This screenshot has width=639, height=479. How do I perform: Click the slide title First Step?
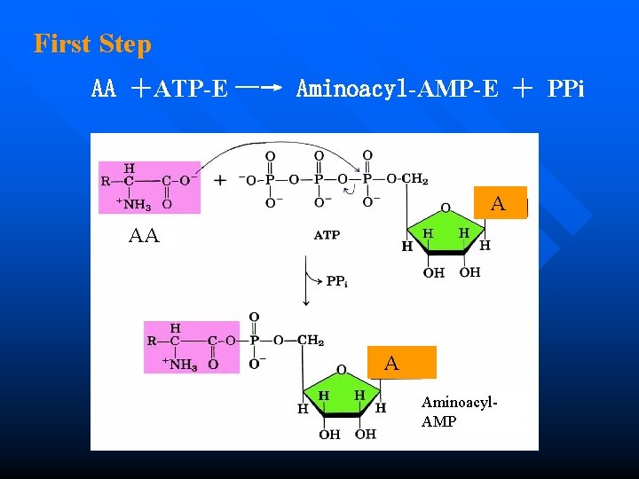(x=92, y=43)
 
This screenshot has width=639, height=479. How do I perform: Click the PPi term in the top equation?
(x=566, y=89)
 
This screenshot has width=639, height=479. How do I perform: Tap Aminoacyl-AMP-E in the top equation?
(x=397, y=89)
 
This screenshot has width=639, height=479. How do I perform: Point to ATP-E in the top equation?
(x=191, y=89)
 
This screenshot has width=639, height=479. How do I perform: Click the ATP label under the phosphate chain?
(x=327, y=235)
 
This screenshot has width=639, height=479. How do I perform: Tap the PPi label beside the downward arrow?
(x=336, y=281)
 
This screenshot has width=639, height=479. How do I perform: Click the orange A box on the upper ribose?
(x=499, y=203)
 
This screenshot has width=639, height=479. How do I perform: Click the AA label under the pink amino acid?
(x=144, y=236)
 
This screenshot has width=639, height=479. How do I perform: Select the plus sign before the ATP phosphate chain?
(x=219, y=181)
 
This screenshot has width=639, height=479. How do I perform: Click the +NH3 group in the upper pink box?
(x=133, y=204)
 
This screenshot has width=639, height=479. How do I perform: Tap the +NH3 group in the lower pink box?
(x=179, y=364)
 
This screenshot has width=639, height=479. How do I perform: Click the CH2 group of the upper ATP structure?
(x=414, y=179)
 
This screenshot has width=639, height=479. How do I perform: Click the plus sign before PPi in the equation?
(x=524, y=89)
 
